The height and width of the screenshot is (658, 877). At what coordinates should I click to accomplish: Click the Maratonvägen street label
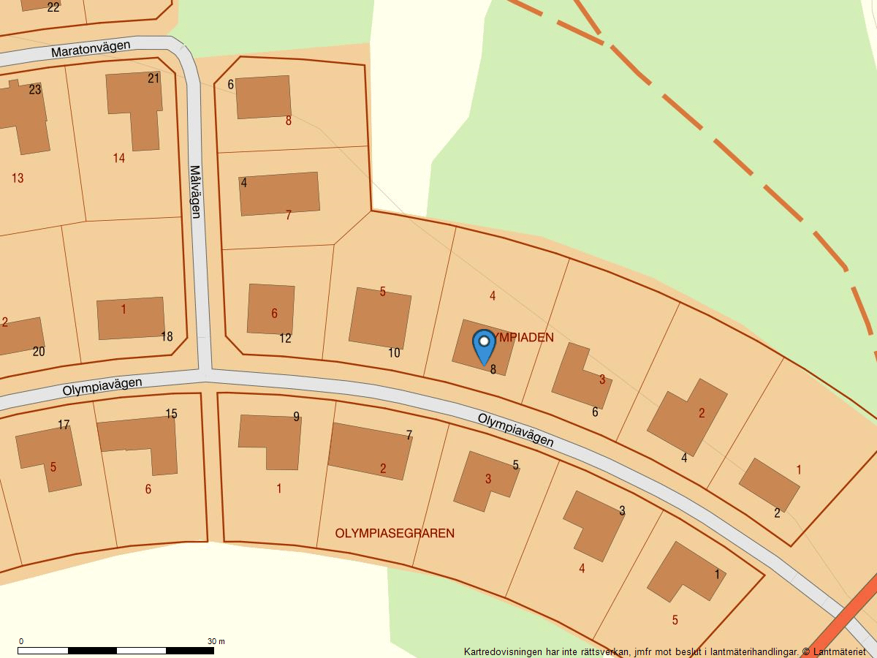click(91, 49)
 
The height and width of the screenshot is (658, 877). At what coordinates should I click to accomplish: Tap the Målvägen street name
click(195, 192)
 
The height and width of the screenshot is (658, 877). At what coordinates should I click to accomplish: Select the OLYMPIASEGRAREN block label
click(395, 534)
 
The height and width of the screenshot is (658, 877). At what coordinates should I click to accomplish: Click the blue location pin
click(484, 347)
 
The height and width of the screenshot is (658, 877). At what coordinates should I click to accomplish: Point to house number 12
click(285, 339)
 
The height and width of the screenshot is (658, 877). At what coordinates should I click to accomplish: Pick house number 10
click(394, 353)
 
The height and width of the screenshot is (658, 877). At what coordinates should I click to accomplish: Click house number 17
click(64, 425)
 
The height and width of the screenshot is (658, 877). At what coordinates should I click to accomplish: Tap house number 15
click(171, 414)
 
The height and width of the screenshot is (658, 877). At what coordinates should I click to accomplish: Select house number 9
click(296, 417)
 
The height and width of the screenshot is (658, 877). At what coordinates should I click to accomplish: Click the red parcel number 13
click(18, 178)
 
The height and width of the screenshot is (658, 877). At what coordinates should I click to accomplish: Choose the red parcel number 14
click(119, 158)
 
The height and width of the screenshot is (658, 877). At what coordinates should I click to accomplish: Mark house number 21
click(153, 78)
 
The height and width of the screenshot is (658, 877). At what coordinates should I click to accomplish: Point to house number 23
click(35, 90)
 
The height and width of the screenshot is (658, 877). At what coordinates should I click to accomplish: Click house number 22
click(53, 7)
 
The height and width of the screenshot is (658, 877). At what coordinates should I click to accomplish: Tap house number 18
click(167, 336)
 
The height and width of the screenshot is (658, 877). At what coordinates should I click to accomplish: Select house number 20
click(39, 352)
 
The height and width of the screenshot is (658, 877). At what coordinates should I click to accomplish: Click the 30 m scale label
click(216, 641)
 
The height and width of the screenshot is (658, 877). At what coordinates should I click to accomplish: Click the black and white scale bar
click(116, 650)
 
